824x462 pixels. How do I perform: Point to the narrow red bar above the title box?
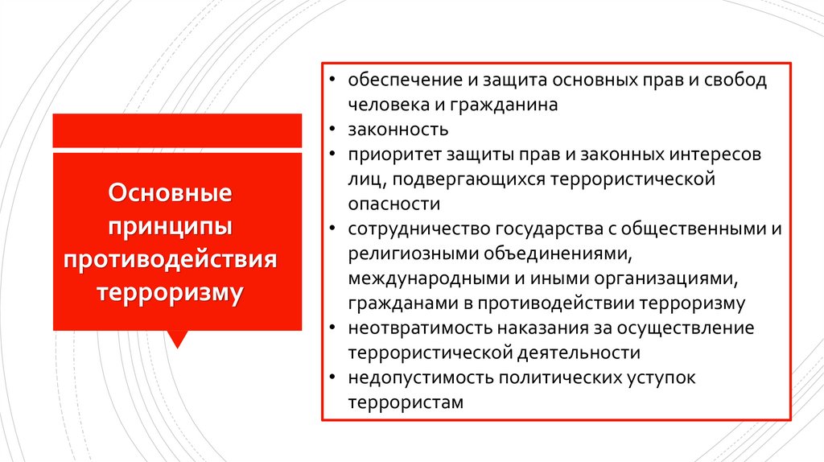(177, 130)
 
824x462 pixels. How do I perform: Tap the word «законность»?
(388, 130)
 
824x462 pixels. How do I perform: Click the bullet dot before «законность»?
(332, 130)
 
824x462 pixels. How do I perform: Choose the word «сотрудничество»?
(406, 229)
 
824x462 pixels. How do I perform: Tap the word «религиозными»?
(399, 254)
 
